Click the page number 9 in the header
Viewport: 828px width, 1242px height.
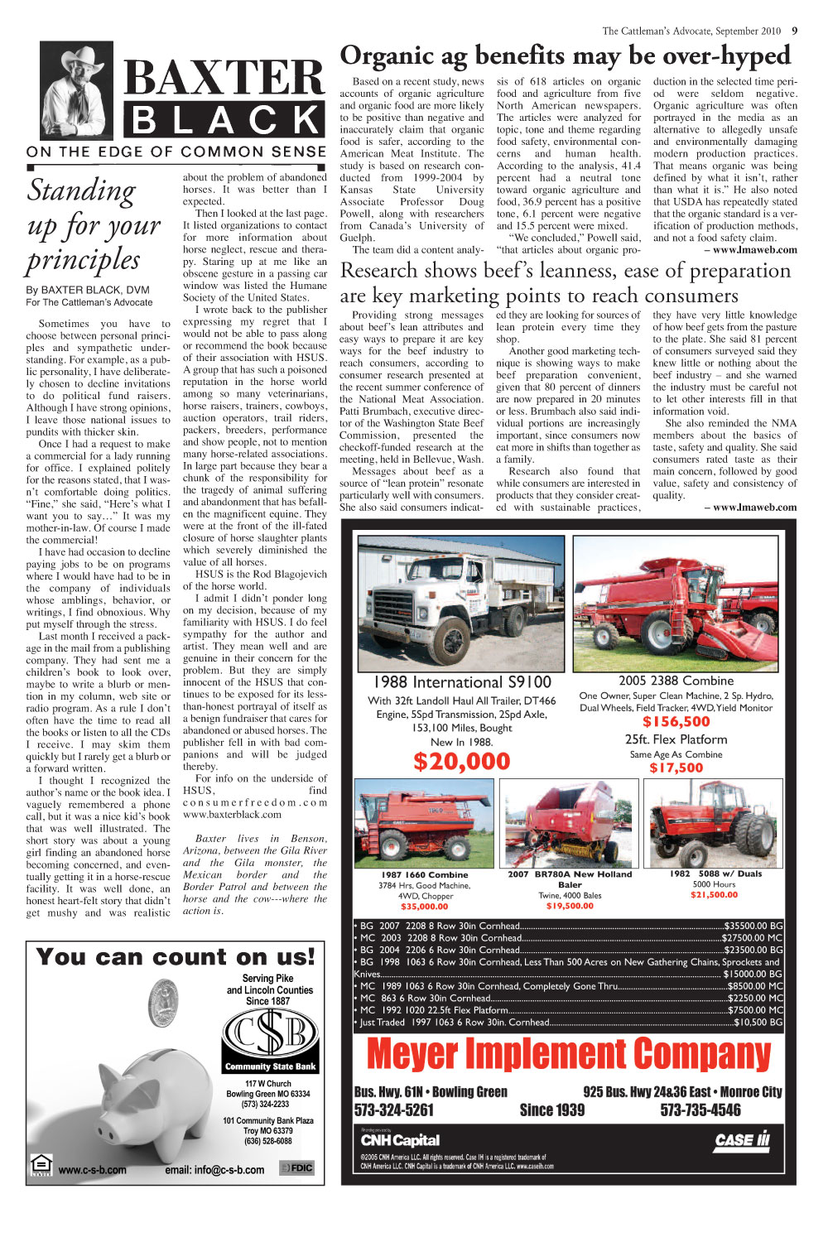794,31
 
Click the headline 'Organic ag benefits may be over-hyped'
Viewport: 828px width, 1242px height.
565,55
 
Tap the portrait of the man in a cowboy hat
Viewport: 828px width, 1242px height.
77,92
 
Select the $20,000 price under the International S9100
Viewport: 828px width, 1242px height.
462,761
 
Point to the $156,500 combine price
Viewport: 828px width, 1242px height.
676,722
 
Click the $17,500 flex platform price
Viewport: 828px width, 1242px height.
676,768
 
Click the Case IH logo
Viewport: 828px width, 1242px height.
742,1140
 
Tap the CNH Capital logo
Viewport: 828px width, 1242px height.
400,1140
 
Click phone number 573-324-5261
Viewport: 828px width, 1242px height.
394,1110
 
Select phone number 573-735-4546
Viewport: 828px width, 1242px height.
700,1110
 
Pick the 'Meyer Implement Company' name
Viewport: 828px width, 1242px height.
568,1054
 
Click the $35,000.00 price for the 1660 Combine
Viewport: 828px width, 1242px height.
425,907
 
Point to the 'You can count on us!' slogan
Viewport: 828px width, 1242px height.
176,957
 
